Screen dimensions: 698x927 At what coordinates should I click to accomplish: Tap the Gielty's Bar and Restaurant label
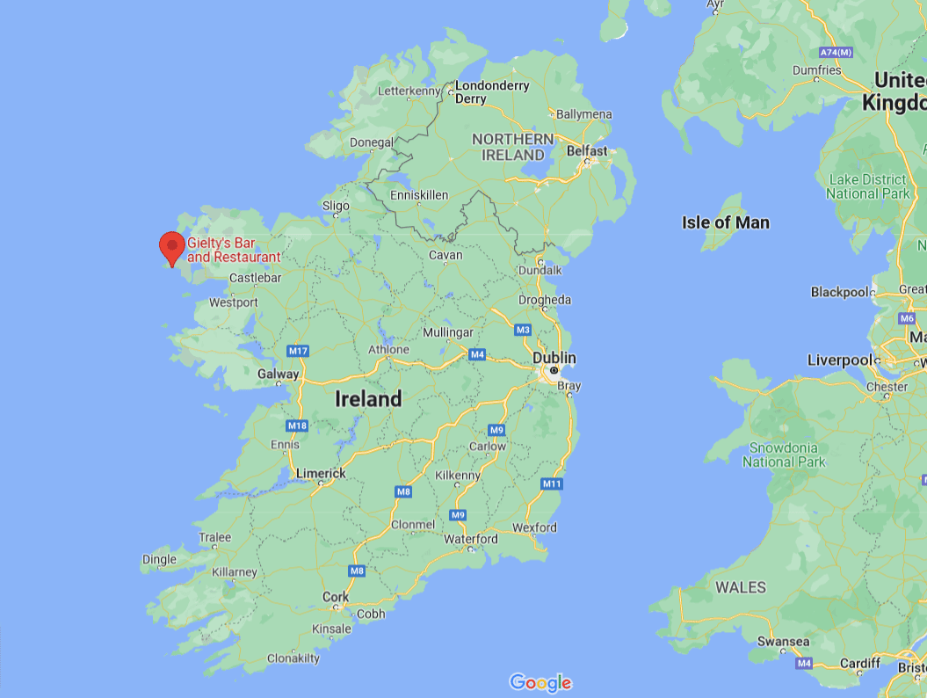click(x=234, y=251)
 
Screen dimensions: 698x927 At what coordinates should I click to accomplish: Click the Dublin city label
click(x=554, y=358)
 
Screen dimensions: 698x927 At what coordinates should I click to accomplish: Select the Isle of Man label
click(x=725, y=222)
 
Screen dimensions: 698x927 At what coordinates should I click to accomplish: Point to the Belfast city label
click(x=587, y=151)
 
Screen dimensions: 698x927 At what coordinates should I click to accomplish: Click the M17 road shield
click(x=299, y=351)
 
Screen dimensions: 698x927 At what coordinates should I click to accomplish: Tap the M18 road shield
click(x=297, y=425)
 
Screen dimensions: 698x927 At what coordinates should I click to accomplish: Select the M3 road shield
click(x=524, y=330)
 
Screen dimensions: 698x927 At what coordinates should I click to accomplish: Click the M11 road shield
click(x=552, y=484)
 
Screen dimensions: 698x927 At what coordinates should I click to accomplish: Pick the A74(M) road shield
click(x=836, y=52)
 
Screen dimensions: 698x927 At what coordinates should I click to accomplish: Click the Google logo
click(x=540, y=682)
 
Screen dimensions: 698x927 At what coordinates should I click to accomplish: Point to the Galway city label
click(x=278, y=374)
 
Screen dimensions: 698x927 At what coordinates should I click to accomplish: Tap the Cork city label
click(x=336, y=597)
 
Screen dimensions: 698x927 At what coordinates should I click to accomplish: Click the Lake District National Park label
click(x=866, y=186)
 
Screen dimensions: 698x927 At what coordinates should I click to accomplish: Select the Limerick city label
click(x=321, y=473)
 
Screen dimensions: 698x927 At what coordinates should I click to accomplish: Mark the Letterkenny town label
click(x=408, y=91)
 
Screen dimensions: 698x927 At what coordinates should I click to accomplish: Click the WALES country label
click(x=740, y=587)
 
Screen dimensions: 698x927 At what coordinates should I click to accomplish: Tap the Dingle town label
click(x=159, y=559)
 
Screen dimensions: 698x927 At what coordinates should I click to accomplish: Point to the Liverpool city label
click(x=839, y=360)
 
